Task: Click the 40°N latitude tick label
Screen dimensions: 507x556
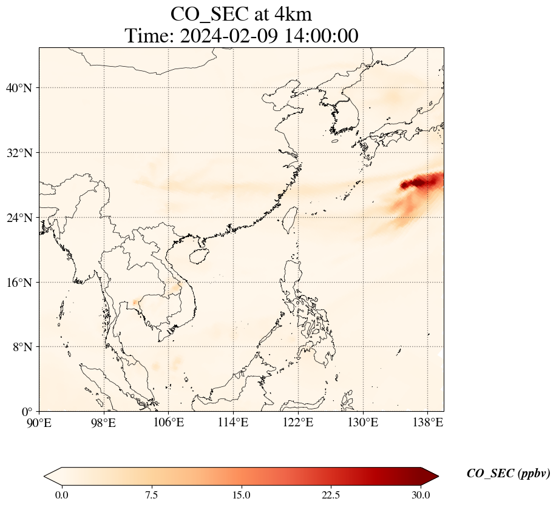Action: click(x=19, y=88)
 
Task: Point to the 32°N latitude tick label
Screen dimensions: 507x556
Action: click(x=19, y=153)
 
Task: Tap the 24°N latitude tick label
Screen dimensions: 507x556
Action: click(x=19, y=218)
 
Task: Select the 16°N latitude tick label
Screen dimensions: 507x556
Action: click(x=19, y=283)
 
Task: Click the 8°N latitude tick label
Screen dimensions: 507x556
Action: click(x=22, y=347)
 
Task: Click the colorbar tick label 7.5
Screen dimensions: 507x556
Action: click(x=151, y=495)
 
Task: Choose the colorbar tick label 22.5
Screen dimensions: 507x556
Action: click(x=331, y=495)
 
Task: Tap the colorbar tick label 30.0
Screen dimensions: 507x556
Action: click(x=421, y=495)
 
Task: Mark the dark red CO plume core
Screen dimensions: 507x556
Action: click(x=425, y=181)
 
